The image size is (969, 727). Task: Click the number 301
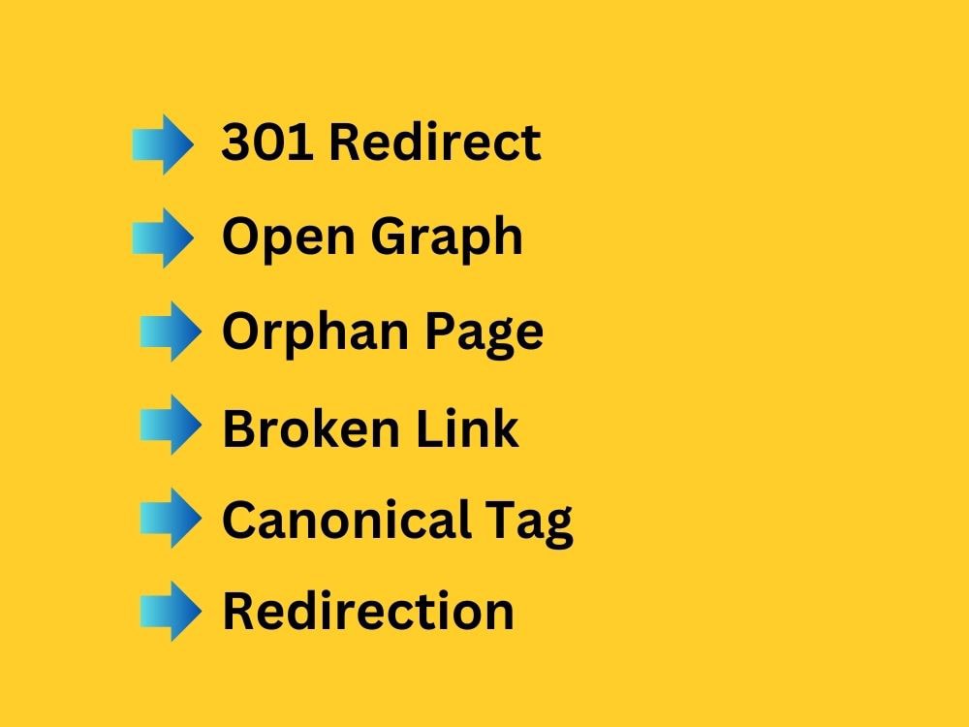pyautogui.click(x=267, y=142)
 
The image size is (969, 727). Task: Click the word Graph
pyautogui.click(x=447, y=237)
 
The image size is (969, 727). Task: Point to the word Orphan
pyautogui.click(x=315, y=331)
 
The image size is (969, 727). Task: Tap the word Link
pyautogui.click(x=467, y=427)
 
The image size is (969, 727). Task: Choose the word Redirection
pyautogui.click(x=368, y=610)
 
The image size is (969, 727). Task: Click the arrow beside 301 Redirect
pyautogui.click(x=163, y=144)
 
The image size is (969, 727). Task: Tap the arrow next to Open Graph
pyautogui.click(x=163, y=238)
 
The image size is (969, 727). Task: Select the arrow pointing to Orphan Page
pyautogui.click(x=172, y=332)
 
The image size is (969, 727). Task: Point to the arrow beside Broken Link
pyautogui.click(x=172, y=425)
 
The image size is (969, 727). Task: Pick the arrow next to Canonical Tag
pyautogui.click(x=172, y=518)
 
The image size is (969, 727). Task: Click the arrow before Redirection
pyautogui.click(x=172, y=612)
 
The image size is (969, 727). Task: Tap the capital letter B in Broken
pyautogui.click(x=240, y=427)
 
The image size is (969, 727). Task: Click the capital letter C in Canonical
pyautogui.click(x=240, y=520)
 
